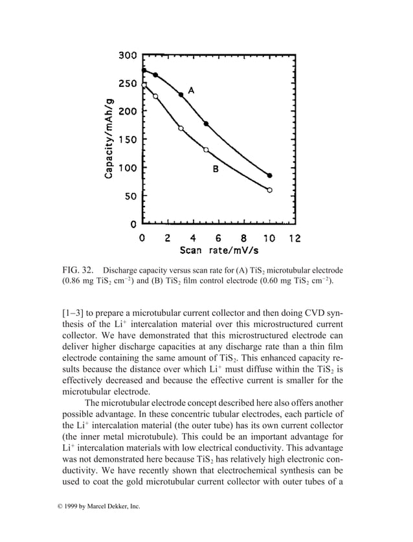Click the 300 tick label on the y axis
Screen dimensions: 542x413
tap(127, 56)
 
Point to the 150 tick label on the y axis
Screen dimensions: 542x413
tap(127, 139)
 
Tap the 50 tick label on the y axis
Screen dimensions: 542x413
tap(129, 196)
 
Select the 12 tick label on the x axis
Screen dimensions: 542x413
tap(295, 238)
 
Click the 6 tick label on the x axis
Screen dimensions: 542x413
tap(218, 238)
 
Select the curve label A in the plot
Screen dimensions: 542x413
tap(192, 89)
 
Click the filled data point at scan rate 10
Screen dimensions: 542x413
tap(269, 175)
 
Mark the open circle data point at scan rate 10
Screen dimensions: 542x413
tap(269, 190)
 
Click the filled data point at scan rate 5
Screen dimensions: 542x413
tap(206, 124)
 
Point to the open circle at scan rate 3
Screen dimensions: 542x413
tap(181, 128)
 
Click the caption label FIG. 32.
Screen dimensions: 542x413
tap(79, 269)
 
